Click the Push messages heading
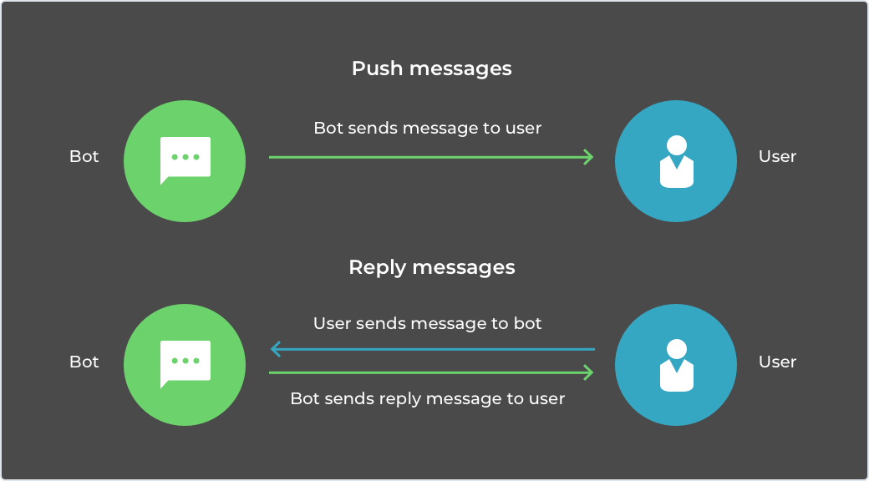point(432,69)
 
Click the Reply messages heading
point(432,268)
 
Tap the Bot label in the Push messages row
point(84,157)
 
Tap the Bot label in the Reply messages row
point(84,362)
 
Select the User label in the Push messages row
point(778,157)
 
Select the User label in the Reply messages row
point(778,362)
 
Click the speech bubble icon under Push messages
point(185,160)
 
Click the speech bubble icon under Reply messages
point(185,364)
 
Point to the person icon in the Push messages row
point(677,161)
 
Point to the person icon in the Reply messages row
point(677,365)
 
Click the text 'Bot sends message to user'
point(427,128)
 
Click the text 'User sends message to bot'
point(427,324)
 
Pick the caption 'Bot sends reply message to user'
point(427,398)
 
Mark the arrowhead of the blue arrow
point(274,349)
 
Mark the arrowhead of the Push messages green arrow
point(590,157)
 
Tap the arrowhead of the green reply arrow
point(590,373)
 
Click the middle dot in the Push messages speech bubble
point(185,157)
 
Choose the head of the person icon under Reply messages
point(677,348)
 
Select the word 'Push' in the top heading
point(378,69)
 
